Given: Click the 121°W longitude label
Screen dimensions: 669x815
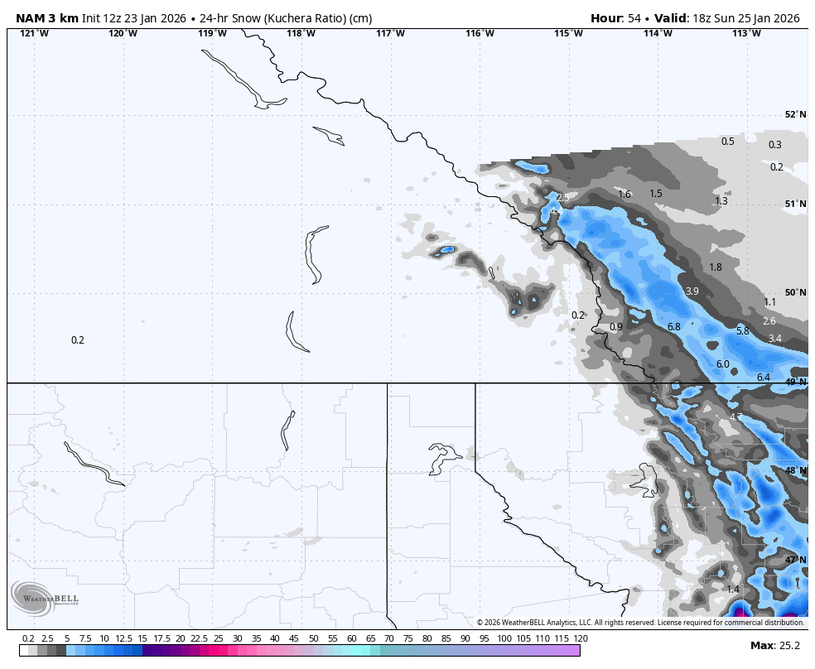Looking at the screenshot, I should pos(34,33).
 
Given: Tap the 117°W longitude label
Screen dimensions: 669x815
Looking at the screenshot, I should pos(390,33).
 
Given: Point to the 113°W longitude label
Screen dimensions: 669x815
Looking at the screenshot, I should pos(746,33).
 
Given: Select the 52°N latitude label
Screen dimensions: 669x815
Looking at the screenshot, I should pos(795,115).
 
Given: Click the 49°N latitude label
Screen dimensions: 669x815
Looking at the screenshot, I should pos(795,382).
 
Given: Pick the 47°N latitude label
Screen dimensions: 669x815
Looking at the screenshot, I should pos(795,560).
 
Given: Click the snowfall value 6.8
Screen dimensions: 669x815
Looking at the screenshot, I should pos(673,327).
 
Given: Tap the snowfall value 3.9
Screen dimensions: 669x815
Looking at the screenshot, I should pos(692,291).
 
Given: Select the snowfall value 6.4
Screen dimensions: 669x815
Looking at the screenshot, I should pos(763,378).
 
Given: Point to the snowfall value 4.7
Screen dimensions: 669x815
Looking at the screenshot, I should pos(735,417).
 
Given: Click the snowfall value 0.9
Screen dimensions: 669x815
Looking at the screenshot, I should pos(615,327).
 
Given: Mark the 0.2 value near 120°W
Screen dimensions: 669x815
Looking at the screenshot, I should pos(78,340).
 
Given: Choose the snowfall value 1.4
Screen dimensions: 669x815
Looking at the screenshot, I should pos(732,590).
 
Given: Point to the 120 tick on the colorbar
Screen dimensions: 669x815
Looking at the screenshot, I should pos(581,638).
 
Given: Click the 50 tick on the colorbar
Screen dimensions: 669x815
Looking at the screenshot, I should pos(313,638).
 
